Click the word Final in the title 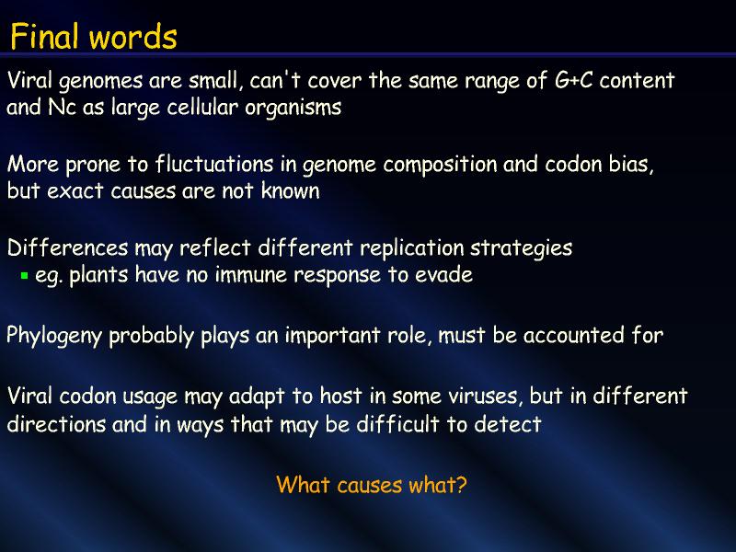[44, 37]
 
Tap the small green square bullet [25, 275]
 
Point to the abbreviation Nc [62, 107]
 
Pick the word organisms [293, 109]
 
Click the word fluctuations [214, 164]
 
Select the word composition [440, 166]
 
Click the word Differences [67, 247]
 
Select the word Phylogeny [54, 337]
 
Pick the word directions [56, 423]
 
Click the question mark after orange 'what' [462, 485]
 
